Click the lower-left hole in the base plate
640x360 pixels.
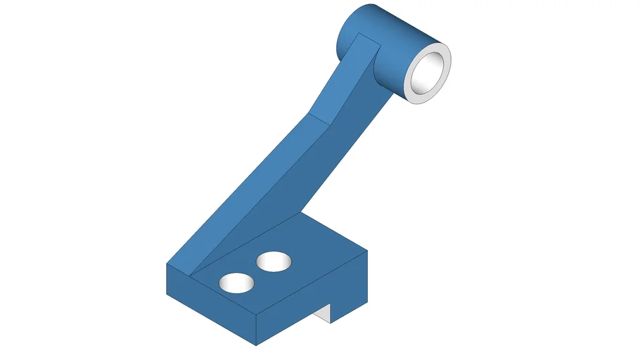[x=236, y=283]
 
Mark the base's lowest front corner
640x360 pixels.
[x=256, y=345]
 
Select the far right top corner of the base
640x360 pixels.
[x=368, y=248]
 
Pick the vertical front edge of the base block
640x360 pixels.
[x=256, y=328]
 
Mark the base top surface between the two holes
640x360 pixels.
[x=255, y=273]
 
